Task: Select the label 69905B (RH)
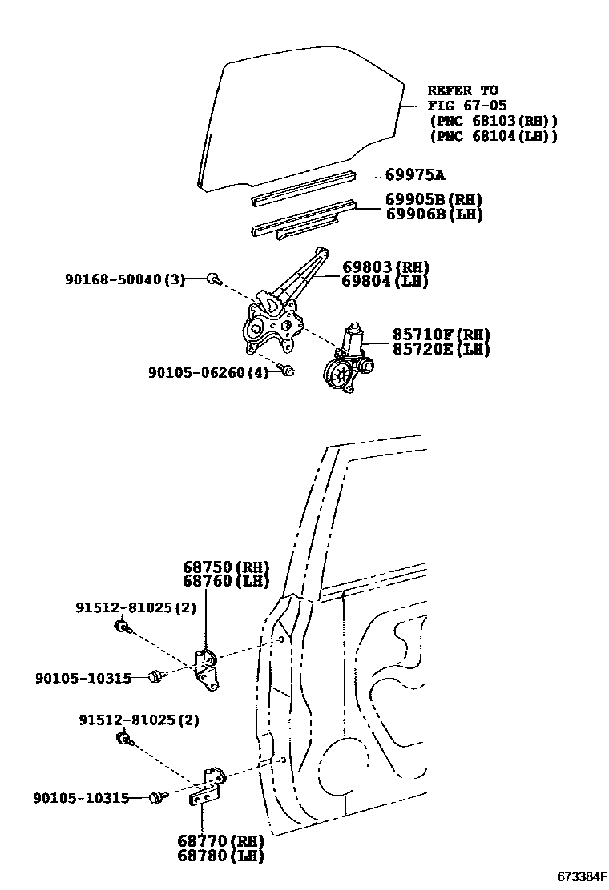(434, 200)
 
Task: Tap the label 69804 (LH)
(385, 281)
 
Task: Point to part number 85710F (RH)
(441, 335)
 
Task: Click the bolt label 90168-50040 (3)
(124, 279)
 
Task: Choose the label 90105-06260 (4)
(208, 372)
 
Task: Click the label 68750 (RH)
(225, 567)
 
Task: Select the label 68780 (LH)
(222, 855)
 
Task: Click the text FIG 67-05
(466, 106)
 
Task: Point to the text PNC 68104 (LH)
(494, 137)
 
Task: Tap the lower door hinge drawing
(209, 786)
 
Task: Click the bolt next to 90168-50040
(214, 279)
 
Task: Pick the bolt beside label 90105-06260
(288, 371)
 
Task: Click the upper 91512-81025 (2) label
(136, 608)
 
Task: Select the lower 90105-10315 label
(82, 798)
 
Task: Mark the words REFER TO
(462, 90)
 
